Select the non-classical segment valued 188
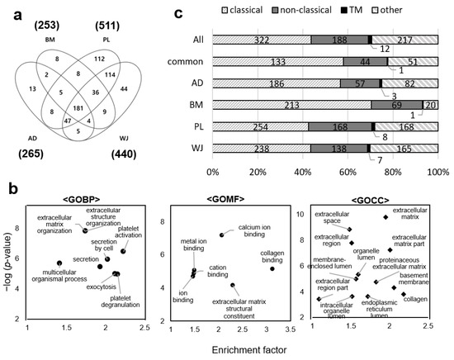[x=339, y=39]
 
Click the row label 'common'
[x=192, y=61]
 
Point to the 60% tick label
[x=348, y=173]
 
